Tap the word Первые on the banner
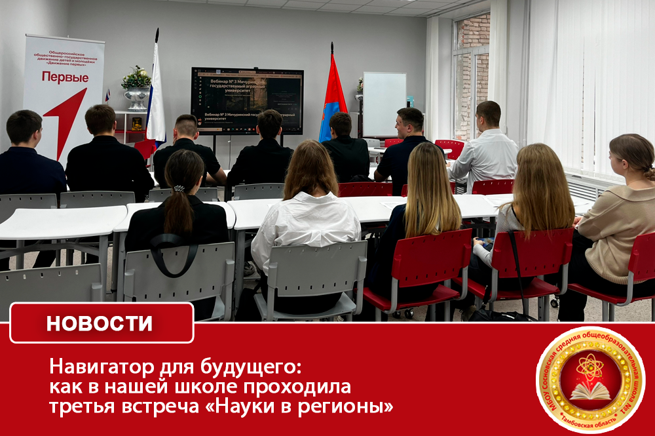click(65, 77)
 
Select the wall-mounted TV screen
click(247, 100)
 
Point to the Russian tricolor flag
click(155, 98)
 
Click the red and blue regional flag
click(333, 98)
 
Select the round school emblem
click(590, 380)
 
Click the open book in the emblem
click(590, 392)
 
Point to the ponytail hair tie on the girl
click(179, 189)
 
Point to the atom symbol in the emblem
click(590, 367)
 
